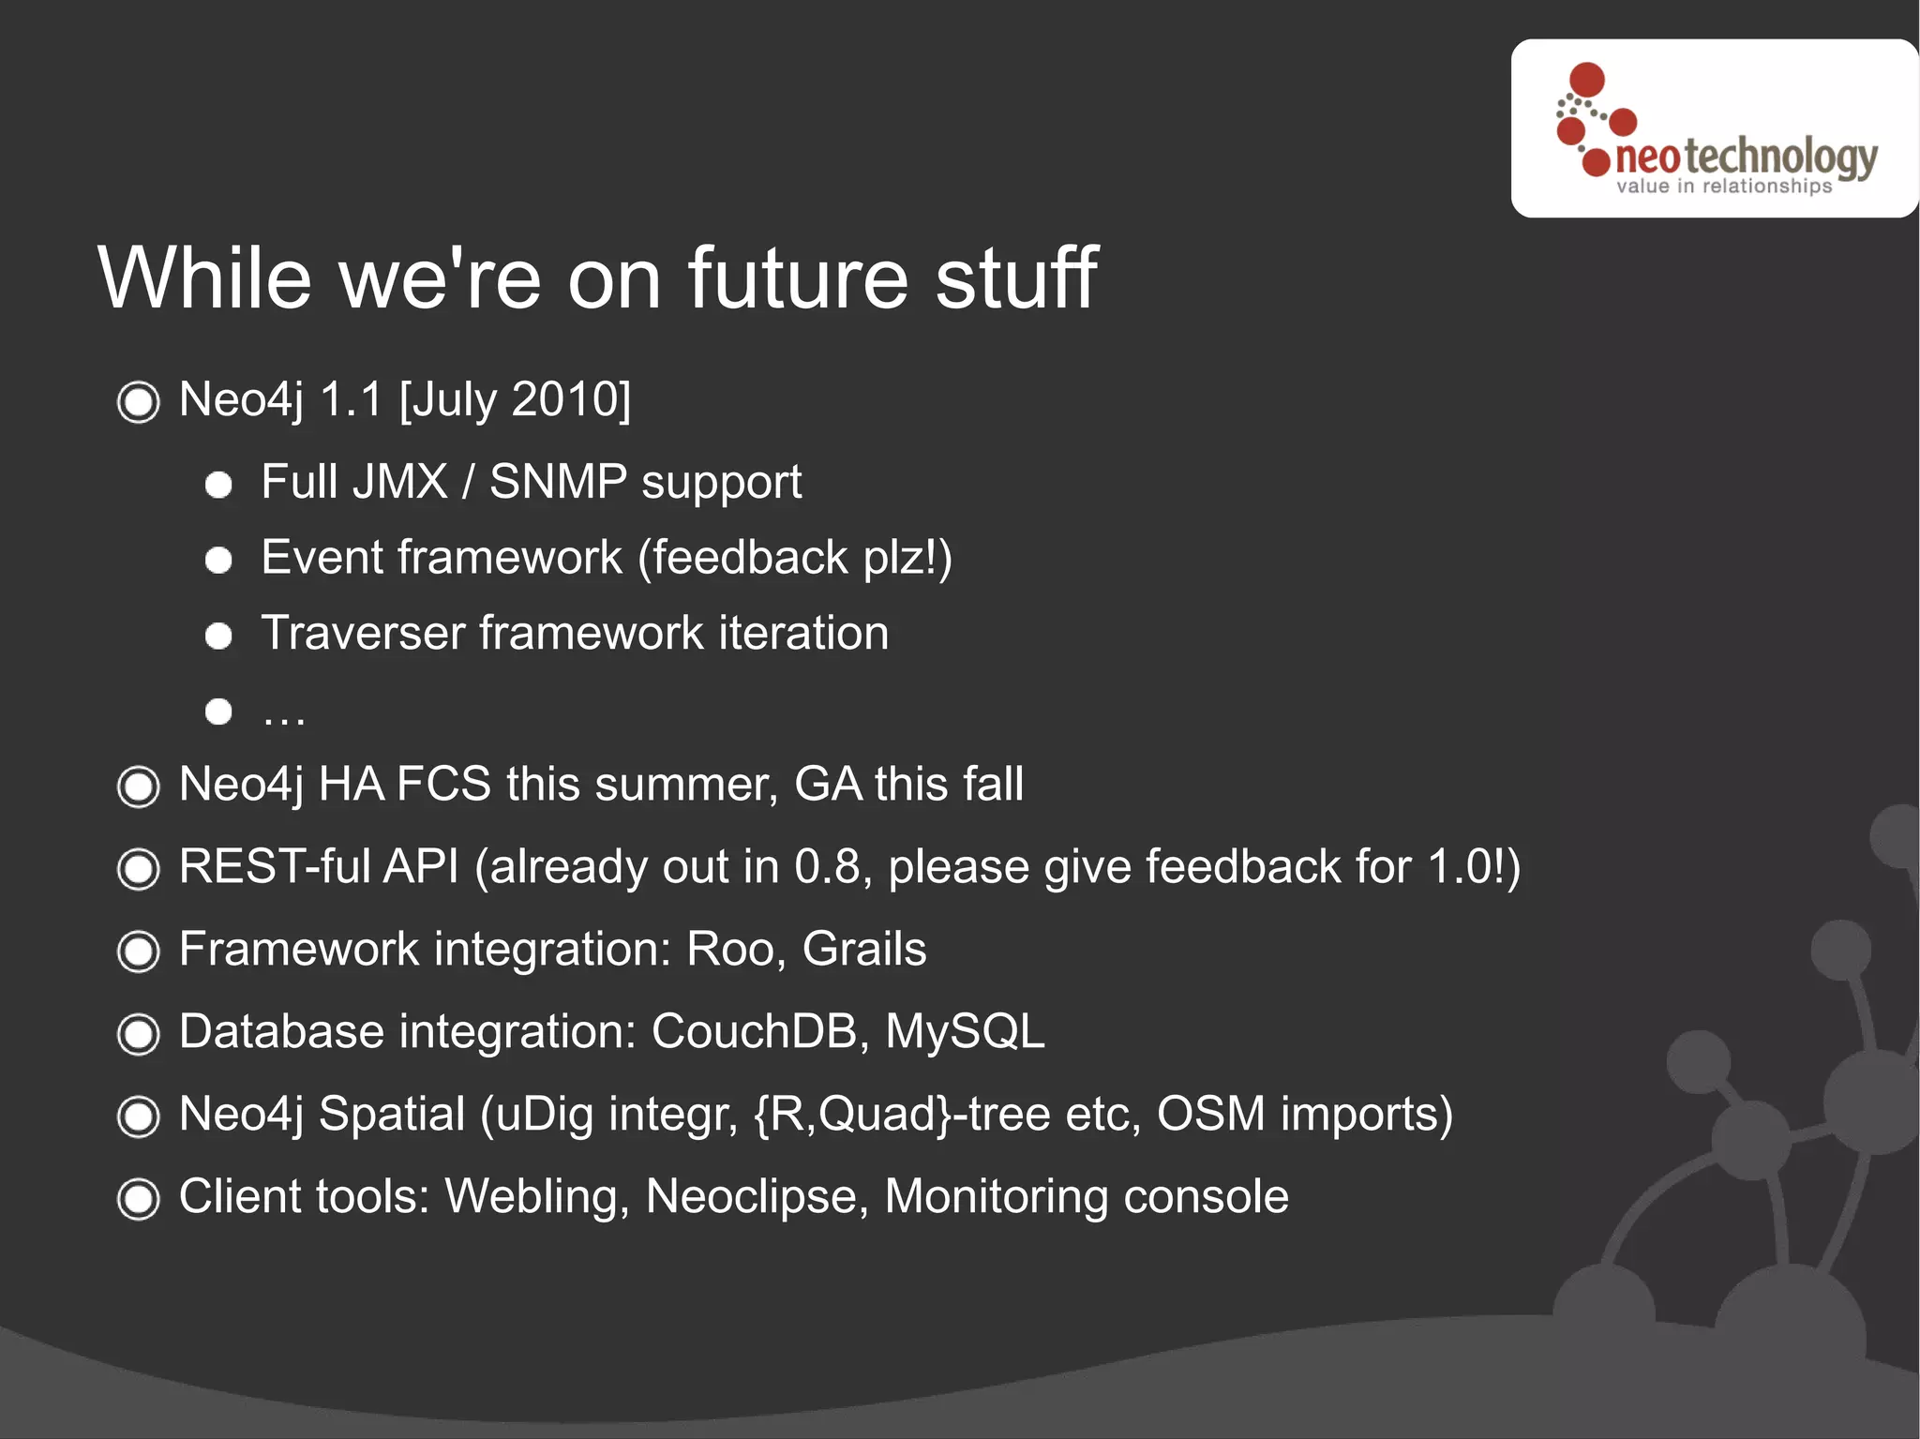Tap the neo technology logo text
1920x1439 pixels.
click(1746, 156)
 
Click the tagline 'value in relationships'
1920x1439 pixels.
click(1723, 186)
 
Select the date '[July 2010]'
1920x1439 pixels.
click(515, 399)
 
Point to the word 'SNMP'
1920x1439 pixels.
click(558, 482)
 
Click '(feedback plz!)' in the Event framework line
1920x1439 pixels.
click(794, 558)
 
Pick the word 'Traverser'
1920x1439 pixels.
click(363, 633)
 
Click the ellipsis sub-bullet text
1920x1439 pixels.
click(283, 715)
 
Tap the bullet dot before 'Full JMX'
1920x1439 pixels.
click(218, 485)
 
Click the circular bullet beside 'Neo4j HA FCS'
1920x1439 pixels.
click(139, 787)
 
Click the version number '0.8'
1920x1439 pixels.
click(827, 866)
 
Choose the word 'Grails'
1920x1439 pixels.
click(863, 949)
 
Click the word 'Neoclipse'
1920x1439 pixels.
click(757, 1197)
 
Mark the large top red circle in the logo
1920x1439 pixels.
click(1586, 79)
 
